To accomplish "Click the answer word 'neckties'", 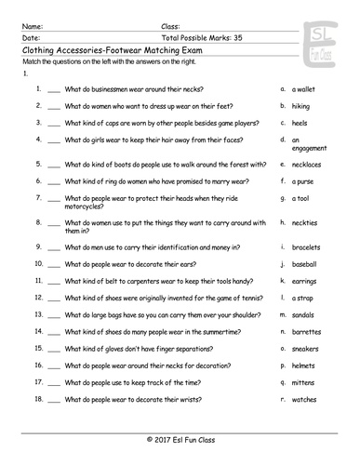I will tap(306, 223).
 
